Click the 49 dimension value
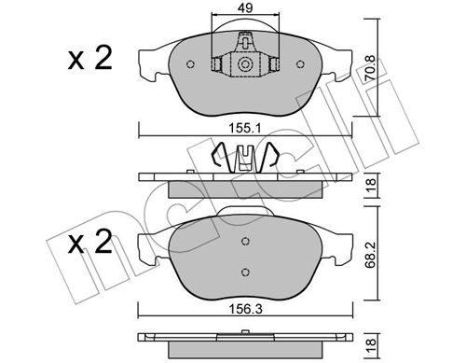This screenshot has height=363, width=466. pos(245,7)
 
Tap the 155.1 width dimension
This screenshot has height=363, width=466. pos(245,128)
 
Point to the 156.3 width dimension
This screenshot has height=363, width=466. pos(245,309)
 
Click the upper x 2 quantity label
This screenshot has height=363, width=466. pos(90,58)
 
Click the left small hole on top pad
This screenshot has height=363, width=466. pos(190,64)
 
